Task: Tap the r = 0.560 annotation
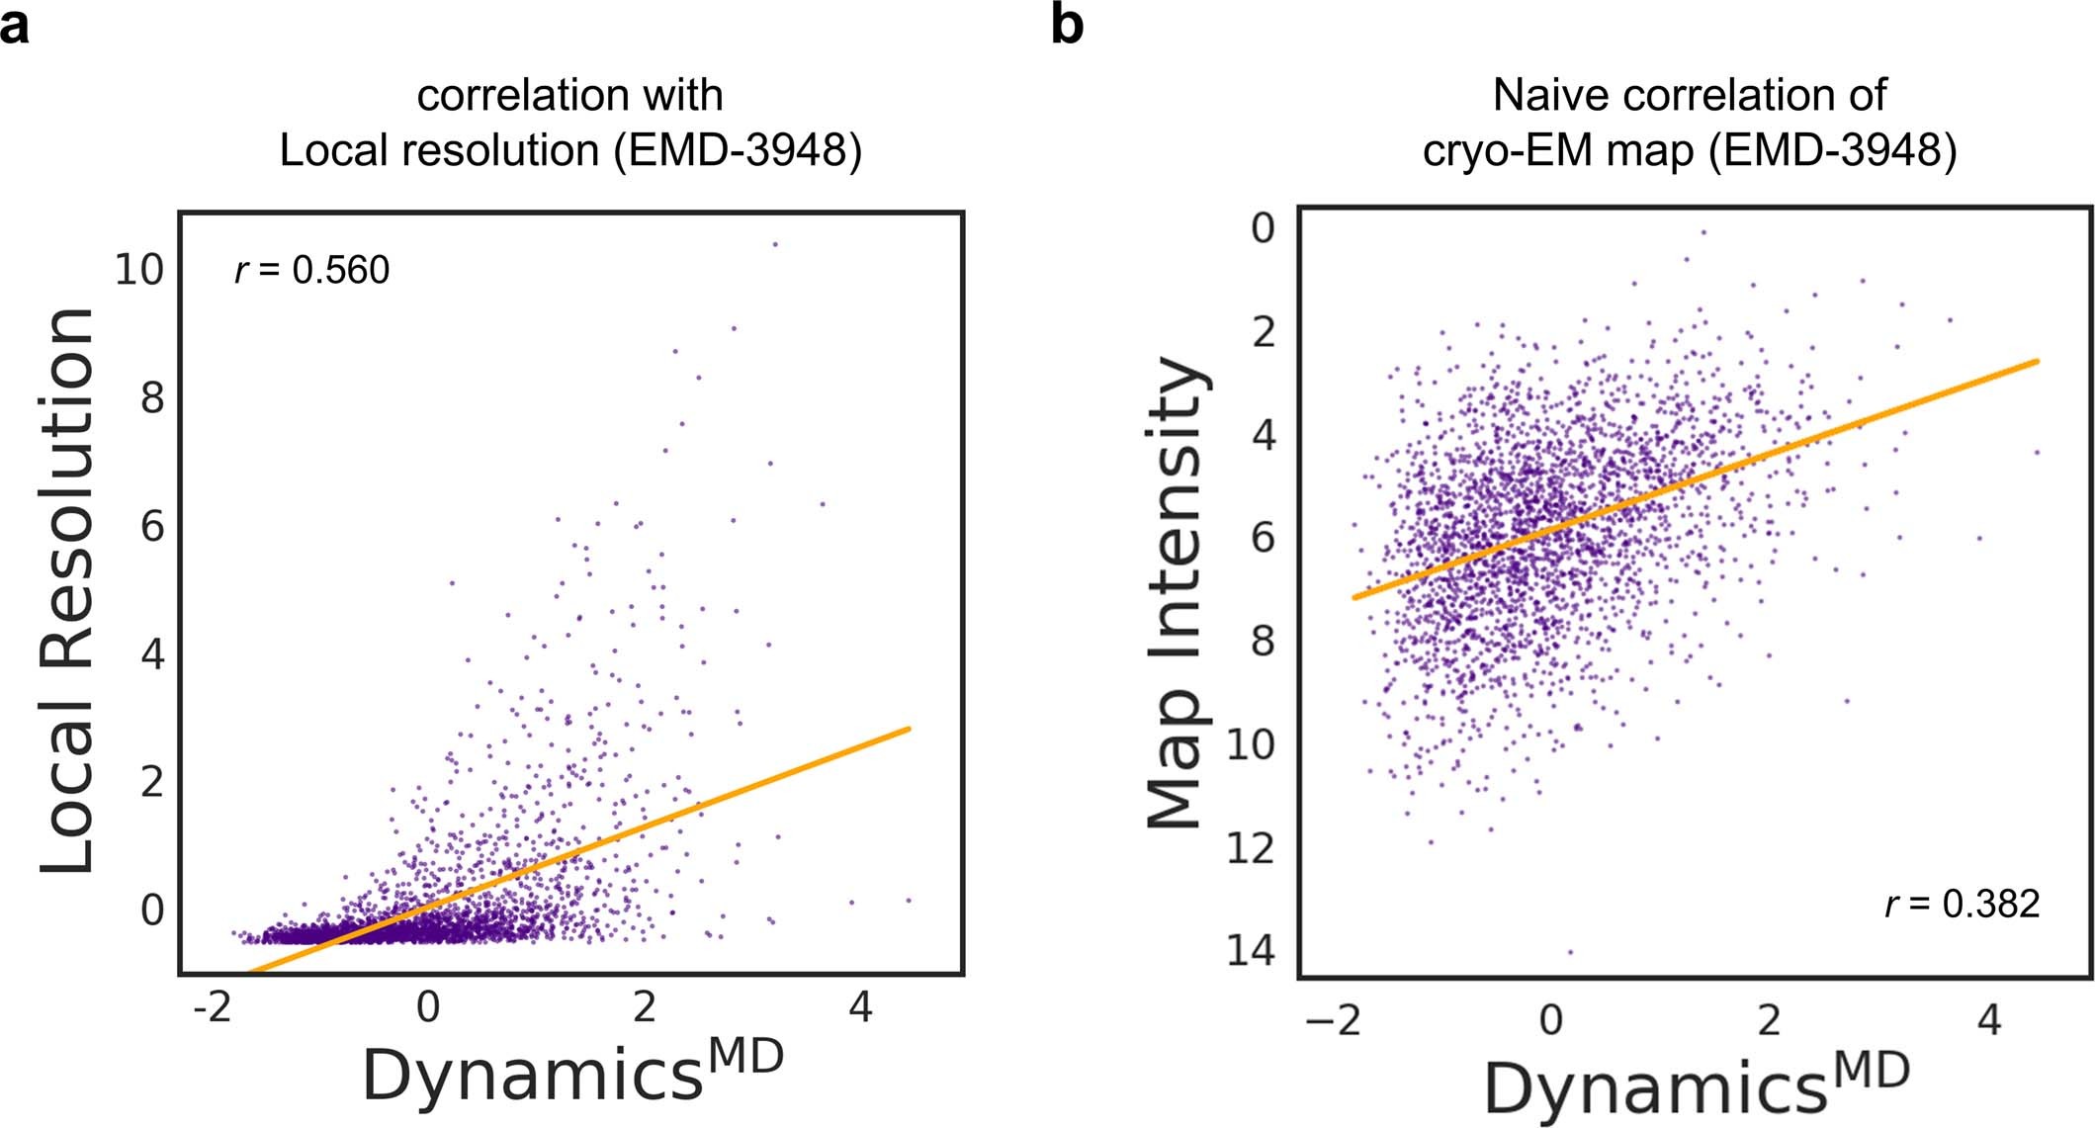coord(312,270)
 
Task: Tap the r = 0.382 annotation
coord(1962,904)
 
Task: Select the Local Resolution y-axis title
coord(66,590)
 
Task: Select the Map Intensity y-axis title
coord(1176,592)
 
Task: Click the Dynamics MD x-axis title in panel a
coord(572,1073)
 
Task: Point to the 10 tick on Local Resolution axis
coord(139,269)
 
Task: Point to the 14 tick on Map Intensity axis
coord(1251,951)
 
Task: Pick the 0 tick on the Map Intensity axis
coord(1263,228)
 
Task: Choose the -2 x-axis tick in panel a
coord(211,1007)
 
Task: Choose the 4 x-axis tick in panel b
coord(1988,1019)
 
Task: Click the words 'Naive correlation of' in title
coord(1689,95)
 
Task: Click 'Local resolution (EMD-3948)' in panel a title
coord(570,151)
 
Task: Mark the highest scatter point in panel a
coord(775,244)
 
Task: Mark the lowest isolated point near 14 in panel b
coord(1570,952)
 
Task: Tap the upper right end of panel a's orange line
coord(907,730)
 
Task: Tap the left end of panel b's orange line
coord(1355,597)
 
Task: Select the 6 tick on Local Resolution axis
coord(151,526)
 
